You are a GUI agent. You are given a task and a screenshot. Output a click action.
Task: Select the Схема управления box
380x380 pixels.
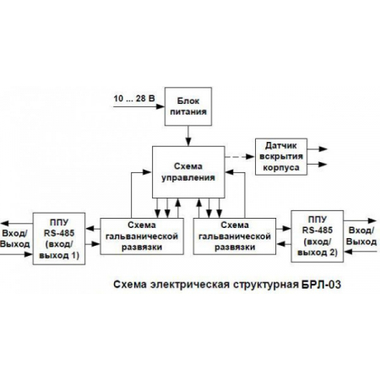click(x=187, y=173)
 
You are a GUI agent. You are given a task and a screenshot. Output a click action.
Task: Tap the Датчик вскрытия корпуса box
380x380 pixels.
click(x=281, y=155)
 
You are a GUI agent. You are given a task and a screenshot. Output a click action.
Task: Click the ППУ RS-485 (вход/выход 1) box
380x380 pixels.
click(x=58, y=238)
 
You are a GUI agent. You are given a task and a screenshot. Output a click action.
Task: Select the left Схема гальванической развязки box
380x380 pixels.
click(x=143, y=236)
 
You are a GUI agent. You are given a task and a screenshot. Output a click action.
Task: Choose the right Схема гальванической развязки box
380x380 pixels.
click(x=233, y=236)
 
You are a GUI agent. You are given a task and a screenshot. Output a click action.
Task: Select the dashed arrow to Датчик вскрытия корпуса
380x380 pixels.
click(x=238, y=156)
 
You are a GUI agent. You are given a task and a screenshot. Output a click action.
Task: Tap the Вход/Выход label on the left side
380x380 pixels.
click(x=15, y=237)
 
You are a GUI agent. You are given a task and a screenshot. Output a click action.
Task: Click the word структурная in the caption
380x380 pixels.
click(x=262, y=285)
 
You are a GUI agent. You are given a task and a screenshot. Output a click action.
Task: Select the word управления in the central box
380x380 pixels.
click(x=187, y=178)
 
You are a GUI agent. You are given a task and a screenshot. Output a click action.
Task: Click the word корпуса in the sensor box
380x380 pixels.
click(x=281, y=166)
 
